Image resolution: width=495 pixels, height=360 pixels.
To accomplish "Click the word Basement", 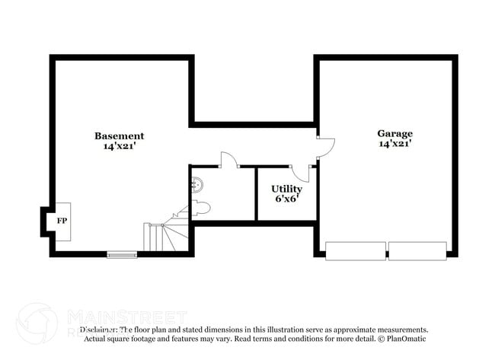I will point(119,135).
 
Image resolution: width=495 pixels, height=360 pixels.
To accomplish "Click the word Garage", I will point(395,133).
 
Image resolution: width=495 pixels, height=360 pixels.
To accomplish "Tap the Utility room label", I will point(286,188).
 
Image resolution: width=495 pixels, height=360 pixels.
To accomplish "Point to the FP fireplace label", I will point(62,221).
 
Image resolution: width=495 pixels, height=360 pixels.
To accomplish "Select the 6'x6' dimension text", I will point(286,199).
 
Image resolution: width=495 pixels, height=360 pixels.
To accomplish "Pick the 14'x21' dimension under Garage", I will point(395,143).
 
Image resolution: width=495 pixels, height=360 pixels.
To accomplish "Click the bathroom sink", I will point(197,183).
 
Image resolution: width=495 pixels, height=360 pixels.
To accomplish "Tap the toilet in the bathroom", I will point(201,209).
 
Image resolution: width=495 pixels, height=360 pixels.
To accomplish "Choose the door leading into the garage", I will point(324,147).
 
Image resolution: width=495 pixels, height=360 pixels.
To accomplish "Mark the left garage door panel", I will point(355,250).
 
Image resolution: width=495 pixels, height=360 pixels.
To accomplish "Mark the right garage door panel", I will point(417,250).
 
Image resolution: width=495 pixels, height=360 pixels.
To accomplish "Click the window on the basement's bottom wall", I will point(122,253).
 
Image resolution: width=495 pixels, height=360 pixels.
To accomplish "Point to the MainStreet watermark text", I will point(126,315).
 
